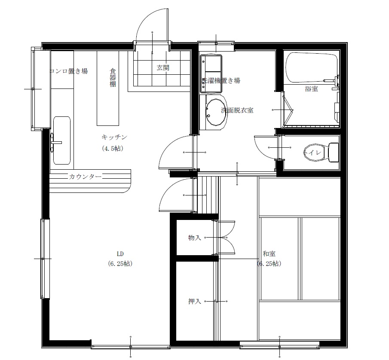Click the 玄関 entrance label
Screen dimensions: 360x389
pos(163,67)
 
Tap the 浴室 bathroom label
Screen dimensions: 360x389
pos(311,89)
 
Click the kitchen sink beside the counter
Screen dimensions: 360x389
pos(61,140)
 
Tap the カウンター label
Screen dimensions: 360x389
pos(85,177)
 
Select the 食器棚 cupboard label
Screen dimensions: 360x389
pos(112,77)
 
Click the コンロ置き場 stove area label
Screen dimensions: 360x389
pos(69,71)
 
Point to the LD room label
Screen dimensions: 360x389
pos(120,253)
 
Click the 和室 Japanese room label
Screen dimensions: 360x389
pos(269,253)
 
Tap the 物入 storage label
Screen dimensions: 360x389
pos(194,238)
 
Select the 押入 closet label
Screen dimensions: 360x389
pos(194,301)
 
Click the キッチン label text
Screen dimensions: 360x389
pos(114,137)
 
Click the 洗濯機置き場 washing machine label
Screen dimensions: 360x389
pos(221,80)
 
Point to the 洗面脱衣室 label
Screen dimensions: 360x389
pos(237,110)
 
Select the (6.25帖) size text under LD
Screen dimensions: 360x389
pos(120,264)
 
